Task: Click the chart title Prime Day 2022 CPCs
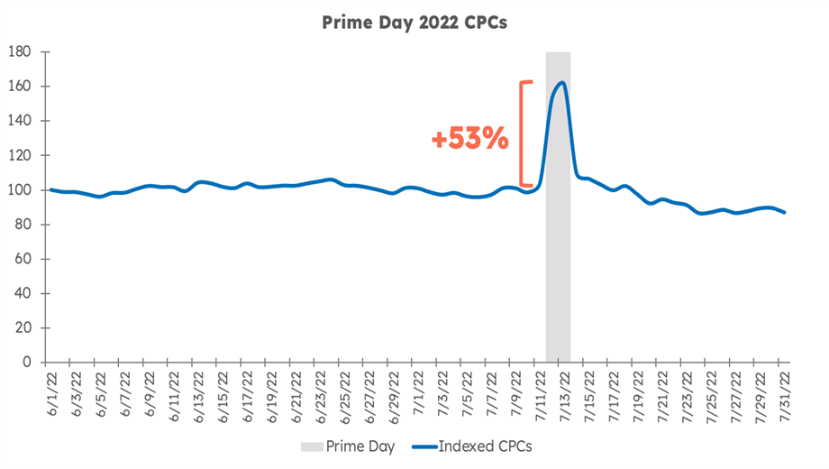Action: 414,23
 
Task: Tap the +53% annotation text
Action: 470,140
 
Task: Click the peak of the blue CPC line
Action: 561,83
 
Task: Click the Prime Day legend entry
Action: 352,446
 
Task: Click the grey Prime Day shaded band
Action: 558,271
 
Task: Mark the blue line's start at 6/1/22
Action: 51,189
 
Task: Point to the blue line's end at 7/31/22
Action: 785,212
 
